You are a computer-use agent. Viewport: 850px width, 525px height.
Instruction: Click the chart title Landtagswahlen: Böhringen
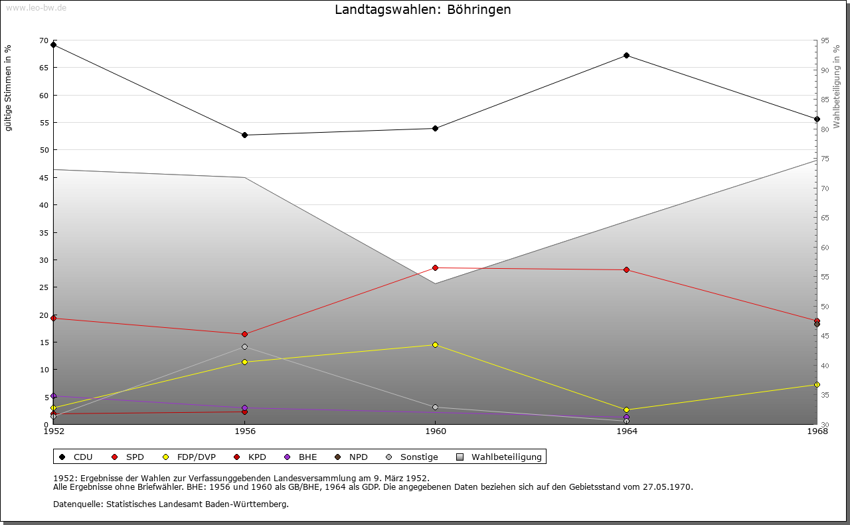point(423,10)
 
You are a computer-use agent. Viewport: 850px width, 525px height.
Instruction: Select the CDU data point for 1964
point(626,55)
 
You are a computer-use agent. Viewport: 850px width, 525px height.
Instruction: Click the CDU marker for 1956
point(244,135)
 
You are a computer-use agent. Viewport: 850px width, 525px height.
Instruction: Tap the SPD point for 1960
point(435,267)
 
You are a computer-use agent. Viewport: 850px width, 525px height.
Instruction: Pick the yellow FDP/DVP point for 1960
point(435,344)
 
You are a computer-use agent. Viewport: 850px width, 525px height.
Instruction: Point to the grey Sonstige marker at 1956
point(244,346)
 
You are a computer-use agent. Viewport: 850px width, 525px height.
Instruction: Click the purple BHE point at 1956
point(244,408)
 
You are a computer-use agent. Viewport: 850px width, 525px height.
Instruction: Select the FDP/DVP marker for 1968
point(817,384)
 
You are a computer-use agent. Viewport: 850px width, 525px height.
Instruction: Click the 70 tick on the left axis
point(44,41)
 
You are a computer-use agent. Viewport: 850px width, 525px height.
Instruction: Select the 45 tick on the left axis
point(44,178)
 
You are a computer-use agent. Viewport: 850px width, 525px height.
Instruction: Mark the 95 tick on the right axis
point(825,41)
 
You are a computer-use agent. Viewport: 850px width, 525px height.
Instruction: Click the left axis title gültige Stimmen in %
point(8,88)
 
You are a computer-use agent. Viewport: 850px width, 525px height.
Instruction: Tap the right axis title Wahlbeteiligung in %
point(837,86)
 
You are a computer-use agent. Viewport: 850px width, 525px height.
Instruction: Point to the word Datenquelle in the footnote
point(75,504)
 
